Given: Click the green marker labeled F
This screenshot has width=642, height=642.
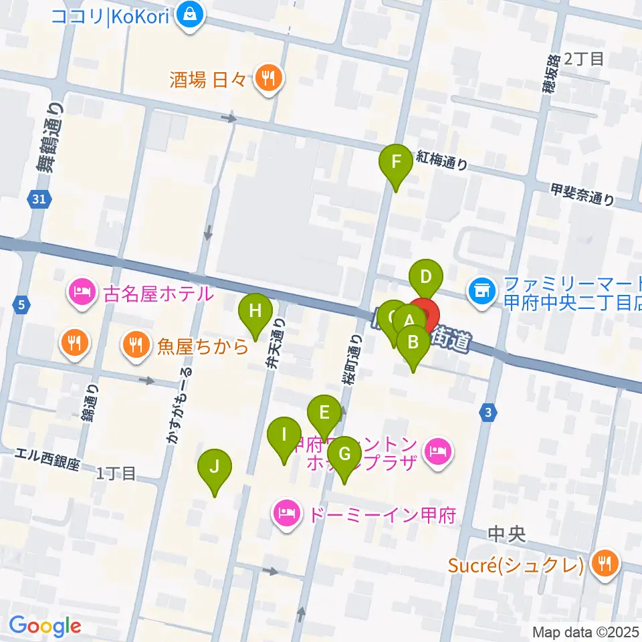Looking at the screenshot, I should pyautogui.click(x=395, y=163).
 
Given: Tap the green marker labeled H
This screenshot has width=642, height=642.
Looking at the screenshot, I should pyautogui.click(x=255, y=312).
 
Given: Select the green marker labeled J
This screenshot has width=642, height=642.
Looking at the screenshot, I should pyautogui.click(x=214, y=467).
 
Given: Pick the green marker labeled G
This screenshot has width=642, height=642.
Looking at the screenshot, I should pyautogui.click(x=344, y=454).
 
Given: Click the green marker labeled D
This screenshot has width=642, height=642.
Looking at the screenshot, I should pyautogui.click(x=427, y=276).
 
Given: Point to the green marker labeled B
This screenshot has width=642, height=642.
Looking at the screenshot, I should pyautogui.click(x=413, y=342).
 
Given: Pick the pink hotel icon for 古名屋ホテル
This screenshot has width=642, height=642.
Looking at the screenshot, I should pyautogui.click(x=81, y=293).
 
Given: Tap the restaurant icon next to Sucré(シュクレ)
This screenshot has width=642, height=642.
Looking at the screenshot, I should pyautogui.click(x=605, y=562).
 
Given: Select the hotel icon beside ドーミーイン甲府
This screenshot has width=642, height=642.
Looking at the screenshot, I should pyautogui.click(x=286, y=515).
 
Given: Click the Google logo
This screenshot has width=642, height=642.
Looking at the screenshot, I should pyautogui.click(x=45, y=626).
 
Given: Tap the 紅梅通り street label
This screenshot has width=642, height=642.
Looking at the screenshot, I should pyautogui.click(x=441, y=160).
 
